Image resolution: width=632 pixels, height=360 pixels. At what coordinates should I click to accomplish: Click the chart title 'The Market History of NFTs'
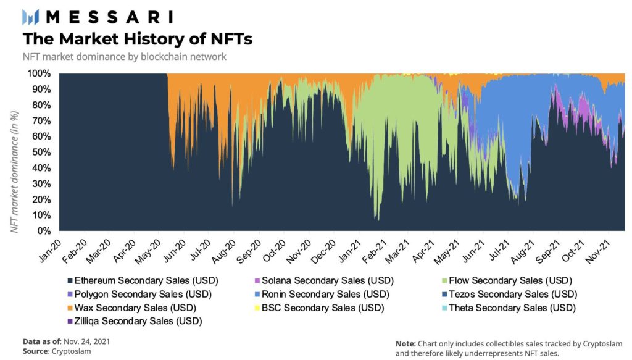click(137, 39)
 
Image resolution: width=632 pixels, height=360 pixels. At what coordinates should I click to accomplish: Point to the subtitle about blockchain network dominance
click(125, 57)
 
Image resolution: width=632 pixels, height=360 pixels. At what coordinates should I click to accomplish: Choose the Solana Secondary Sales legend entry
click(328, 280)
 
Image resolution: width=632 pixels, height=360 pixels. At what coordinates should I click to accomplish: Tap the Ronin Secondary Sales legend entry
click(328, 294)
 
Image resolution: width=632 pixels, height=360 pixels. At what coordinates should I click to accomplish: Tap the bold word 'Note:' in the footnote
click(405, 343)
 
